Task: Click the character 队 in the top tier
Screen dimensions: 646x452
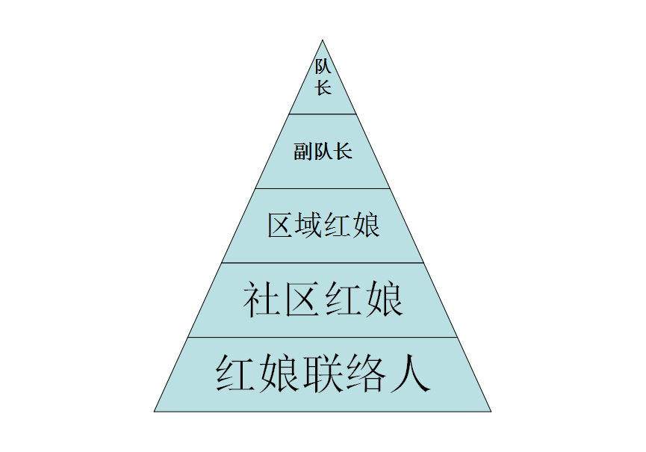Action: (323, 67)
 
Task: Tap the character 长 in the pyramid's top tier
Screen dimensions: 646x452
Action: (323, 87)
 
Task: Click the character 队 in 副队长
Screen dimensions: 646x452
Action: (323, 152)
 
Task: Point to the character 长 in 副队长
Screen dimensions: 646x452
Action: (343, 152)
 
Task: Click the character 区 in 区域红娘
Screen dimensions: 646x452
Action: (281, 226)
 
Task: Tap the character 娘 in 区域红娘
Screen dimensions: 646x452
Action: (366, 226)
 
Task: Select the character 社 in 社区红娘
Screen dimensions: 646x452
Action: (261, 300)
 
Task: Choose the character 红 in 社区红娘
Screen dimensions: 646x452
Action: (344, 300)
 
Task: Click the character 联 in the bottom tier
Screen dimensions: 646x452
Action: (323, 374)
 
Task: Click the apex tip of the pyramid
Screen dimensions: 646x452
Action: (323, 42)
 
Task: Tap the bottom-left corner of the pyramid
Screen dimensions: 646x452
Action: (155, 410)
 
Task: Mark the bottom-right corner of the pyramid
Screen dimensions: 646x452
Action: (489, 410)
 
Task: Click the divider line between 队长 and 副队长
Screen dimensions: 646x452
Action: (323, 114)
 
